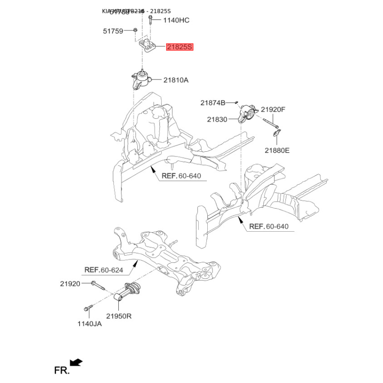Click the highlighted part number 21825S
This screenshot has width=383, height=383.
[180, 47]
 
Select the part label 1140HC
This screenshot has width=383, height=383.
[176, 20]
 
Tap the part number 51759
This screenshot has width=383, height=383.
[113, 31]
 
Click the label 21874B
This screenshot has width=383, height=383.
[213, 102]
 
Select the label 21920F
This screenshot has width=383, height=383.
[273, 110]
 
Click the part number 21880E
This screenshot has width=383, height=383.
[277, 150]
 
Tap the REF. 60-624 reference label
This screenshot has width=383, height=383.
[103, 270]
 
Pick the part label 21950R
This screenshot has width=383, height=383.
[119, 316]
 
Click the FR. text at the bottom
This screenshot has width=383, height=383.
[61, 370]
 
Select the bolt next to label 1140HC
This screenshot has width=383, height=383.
[150, 20]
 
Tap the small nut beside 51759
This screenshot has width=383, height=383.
[135, 31]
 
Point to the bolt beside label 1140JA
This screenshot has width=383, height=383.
[87, 308]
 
